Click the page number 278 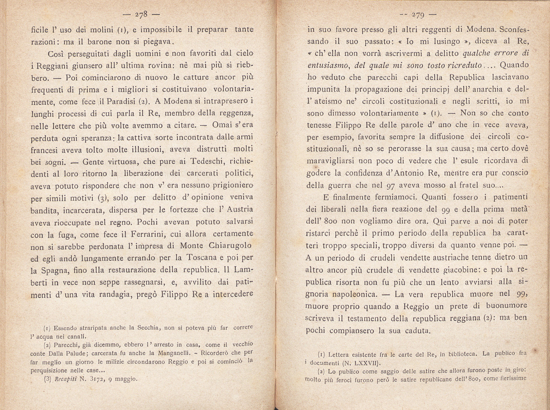pyautogui.click(x=142, y=15)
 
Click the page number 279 pyautogui.click(x=417, y=16)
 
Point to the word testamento pyautogui.click(x=364, y=318)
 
